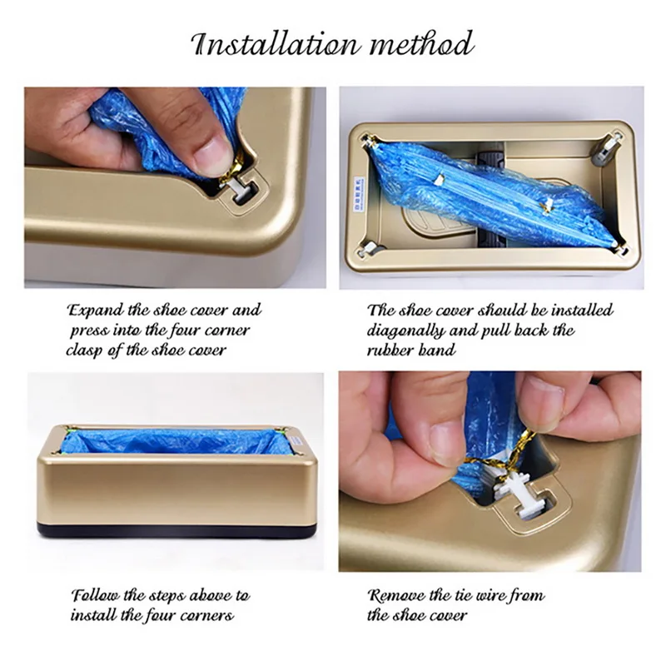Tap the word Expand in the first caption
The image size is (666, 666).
94,311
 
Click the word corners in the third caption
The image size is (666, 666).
203,617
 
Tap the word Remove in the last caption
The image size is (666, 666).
397,597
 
